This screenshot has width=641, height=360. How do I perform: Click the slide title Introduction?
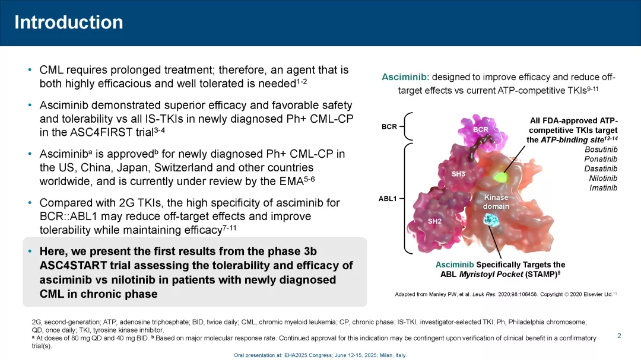click(x=69, y=22)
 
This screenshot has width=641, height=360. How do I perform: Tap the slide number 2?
click(x=619, y=336)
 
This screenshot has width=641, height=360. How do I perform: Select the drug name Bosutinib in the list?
click(x=601, y=149)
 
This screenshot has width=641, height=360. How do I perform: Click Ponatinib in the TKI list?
click(x=601, y=159)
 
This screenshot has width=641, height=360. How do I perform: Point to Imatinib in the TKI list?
click(x=603, y=188)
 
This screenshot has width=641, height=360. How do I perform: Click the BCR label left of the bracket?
click(x=389, y=127)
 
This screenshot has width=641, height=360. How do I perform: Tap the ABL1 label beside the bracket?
click(x=388, y=199)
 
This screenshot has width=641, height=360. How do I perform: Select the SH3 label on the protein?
click(x=458, y=174)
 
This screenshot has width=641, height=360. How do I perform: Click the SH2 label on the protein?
click(x=434, y=221)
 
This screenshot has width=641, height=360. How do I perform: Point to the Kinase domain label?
click(x=496, y=202)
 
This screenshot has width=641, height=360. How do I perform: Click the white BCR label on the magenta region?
click(x=480, y=129)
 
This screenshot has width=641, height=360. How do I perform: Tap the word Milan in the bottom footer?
click(x=386, y=355)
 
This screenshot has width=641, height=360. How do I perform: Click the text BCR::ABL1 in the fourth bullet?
click(x=66, y=216)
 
